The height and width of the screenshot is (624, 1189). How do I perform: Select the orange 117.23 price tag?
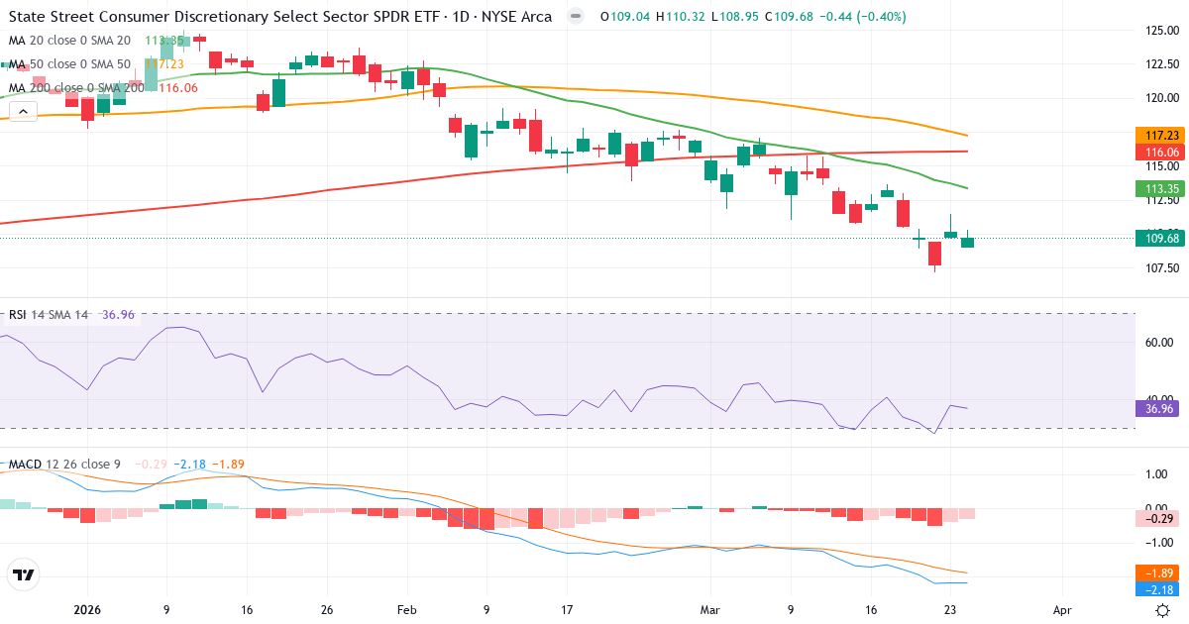1160,135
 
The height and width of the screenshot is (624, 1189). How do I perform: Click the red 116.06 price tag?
1160,153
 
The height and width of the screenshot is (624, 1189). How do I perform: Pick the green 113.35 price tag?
1160,188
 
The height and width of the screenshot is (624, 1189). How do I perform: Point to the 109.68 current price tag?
1160,239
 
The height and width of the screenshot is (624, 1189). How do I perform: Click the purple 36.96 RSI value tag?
1160,408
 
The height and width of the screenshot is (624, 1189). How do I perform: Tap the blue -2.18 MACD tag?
1160,589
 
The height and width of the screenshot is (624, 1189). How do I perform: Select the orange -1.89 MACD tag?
1160,572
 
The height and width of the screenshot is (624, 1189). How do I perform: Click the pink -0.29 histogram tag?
1160,518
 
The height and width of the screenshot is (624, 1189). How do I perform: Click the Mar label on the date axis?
709,610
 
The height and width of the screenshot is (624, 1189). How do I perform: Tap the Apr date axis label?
1063,610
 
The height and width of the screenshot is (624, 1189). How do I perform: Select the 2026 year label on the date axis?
86,610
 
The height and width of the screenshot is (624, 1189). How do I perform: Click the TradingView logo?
24,575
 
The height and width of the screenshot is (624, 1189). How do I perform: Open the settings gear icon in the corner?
1165,610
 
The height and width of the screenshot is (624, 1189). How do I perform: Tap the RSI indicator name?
18,315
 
